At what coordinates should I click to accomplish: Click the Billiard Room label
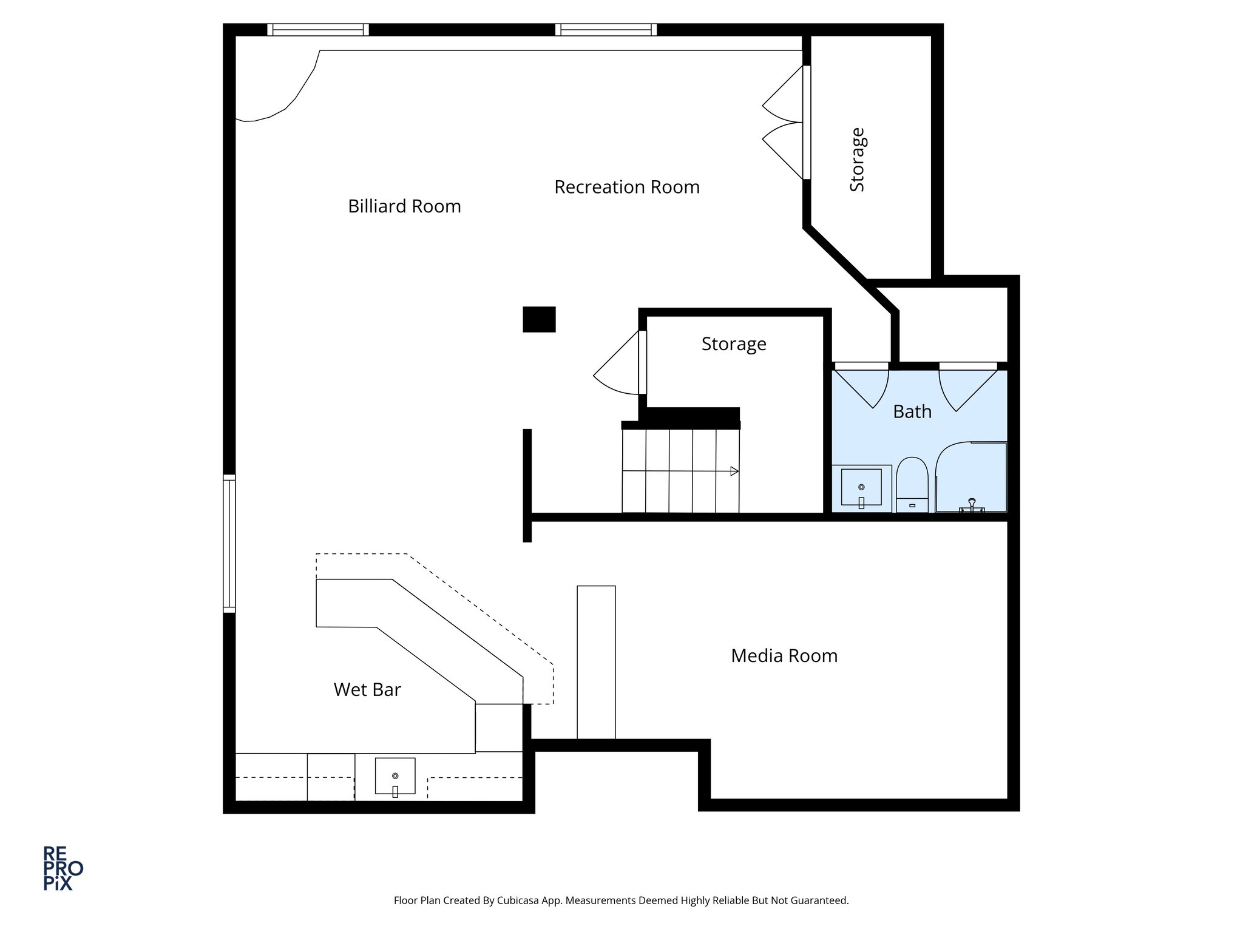404,206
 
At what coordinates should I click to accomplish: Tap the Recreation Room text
626,187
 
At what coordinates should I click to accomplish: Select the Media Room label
784,655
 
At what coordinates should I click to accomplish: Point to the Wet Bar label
367,689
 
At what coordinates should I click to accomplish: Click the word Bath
912,411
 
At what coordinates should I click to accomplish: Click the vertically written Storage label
857,160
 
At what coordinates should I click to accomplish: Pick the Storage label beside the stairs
733,343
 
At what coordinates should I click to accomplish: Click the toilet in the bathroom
912,485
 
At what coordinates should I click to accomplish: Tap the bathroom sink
861,488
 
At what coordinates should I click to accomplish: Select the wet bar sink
395,776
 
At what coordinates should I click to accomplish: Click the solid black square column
539,319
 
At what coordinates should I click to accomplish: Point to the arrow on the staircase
733,471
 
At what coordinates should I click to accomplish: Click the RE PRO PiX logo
62,868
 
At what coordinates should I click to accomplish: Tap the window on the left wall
229,543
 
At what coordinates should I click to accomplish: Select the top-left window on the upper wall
318,30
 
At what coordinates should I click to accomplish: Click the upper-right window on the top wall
606,30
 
